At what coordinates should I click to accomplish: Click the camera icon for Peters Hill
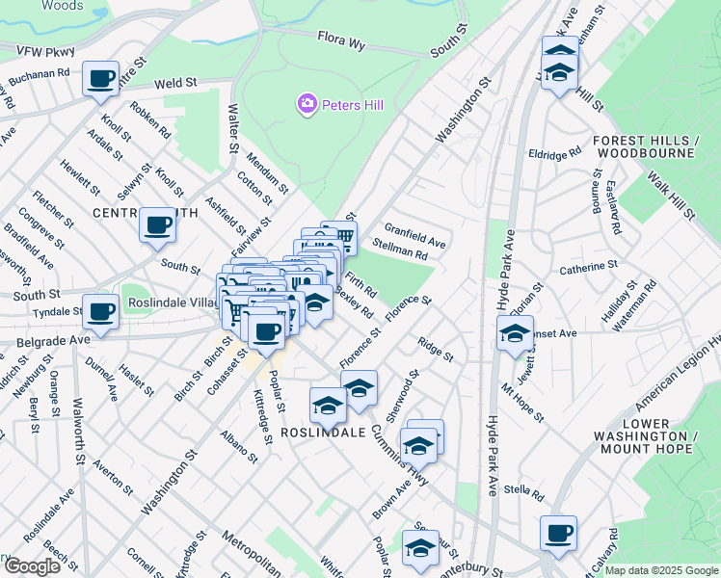(x=307, y=102)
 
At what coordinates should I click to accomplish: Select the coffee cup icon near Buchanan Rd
(x=99, y=79)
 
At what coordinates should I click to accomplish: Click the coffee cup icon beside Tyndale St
(x=99, y=311)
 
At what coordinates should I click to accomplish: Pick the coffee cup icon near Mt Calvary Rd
(x=557, y=533)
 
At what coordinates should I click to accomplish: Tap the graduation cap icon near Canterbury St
(x=419, y=548)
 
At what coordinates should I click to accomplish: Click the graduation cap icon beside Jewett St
(x=515, y=335)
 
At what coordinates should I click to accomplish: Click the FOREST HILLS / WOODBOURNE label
(x=644, y=146)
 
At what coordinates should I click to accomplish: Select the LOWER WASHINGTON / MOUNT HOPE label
(x=645, y=436)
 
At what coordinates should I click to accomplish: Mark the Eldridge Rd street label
(x=554, y=152)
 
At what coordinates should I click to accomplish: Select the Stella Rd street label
(x=524, y=491)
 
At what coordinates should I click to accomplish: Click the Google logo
(x=31, y=566)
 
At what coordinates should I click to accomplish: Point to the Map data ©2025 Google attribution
(x=662, y=570)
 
